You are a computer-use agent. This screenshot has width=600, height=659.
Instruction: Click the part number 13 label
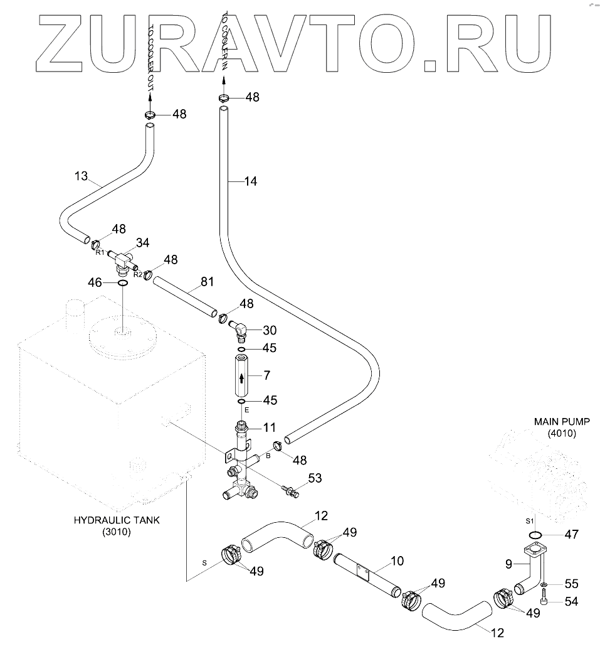pos(82,176)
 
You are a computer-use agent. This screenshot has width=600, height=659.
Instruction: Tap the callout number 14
pos(251,182)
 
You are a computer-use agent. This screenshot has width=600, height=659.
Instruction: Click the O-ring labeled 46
pos(123,284)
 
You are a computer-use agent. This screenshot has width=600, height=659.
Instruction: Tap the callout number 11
pos(270,428)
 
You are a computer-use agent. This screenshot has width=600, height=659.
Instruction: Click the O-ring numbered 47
pos(535,535)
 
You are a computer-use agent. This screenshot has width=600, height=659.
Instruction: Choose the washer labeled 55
pos(544,584)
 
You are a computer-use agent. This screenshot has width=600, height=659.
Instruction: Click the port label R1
pos(99,252)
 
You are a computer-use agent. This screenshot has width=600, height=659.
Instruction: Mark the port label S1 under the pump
pos(529,521)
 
